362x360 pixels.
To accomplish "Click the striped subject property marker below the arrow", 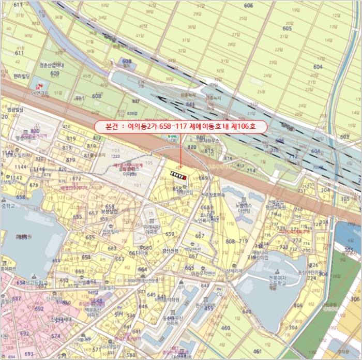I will pos(178,176).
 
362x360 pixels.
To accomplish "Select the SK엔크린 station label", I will pos(39,93).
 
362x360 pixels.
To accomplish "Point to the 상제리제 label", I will pos(234,271).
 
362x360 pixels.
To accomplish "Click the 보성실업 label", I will pos(109,211).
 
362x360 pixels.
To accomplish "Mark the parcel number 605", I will pos(287,28).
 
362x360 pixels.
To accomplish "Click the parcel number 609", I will pos(55,73).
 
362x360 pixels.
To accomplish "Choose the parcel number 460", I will pos(225,328).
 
